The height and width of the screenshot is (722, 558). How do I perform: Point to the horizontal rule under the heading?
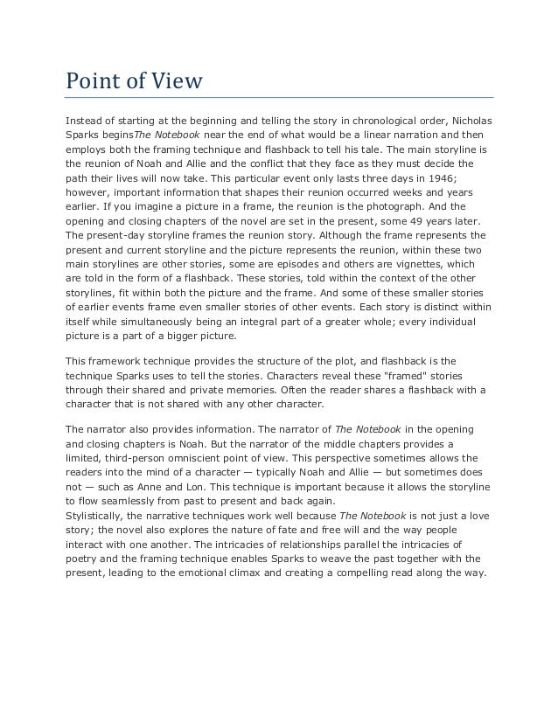click(x=280, y=97)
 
